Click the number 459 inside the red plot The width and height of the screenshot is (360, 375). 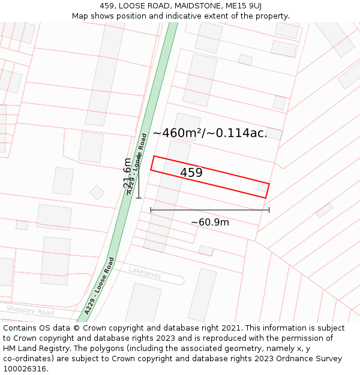pyautogui.click(x=191, y=173)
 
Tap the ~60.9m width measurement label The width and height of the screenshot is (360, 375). pyautogui.click(x=210, y=223)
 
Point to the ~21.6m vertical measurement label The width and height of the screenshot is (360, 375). pyautogui.click(x=127, y=174)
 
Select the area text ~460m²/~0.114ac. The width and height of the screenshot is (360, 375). pyautogui.click(x=210, y=133)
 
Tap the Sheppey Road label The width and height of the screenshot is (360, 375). pyautogui.click(x=30, y=310)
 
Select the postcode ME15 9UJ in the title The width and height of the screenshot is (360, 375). pyautogui.click(x=245, y=5)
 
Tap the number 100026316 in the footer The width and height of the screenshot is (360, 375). pyautogui.click(x=25, y=368)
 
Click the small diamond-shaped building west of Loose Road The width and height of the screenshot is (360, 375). pyautogui.click(x=97, y=193)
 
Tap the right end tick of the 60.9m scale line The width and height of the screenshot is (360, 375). pyautogui.click(x=269, y=210)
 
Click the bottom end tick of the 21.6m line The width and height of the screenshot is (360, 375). pyautogui.click(x=139, y=197)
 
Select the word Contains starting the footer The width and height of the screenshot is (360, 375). pyautogui.click(x=21, y=328)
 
